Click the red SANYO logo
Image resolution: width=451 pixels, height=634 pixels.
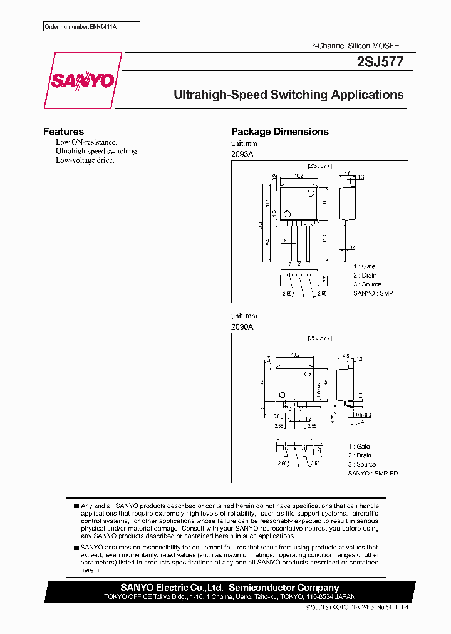click(x=82, y=80)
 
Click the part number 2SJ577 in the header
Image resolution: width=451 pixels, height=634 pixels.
click(x=383, y=62)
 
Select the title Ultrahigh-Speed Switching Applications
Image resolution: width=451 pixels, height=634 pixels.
click(x=288, y=95)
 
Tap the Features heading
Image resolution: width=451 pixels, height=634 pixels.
click(x=63, y=132)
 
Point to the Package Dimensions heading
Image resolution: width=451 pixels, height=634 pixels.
click(x=279, y=132)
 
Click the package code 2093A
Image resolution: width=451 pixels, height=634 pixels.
click(x=242, y=153)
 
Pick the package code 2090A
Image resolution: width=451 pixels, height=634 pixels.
click(x=242, y=326)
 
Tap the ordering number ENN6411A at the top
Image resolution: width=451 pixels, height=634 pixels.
click(x=91, y=26)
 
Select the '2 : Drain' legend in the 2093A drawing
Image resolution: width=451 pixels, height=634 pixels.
click(x=365, y=275)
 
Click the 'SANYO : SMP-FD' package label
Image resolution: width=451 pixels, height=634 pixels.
click(x=373, y=474)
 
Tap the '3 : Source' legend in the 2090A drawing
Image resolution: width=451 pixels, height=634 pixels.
click(x=362, y=464)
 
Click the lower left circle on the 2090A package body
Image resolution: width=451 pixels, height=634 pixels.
click(x=283, y=395)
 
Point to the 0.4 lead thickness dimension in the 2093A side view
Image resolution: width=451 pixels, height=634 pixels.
click(x=353, y=247)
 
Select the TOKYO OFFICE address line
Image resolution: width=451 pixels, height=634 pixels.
click(x=229, y=596)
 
